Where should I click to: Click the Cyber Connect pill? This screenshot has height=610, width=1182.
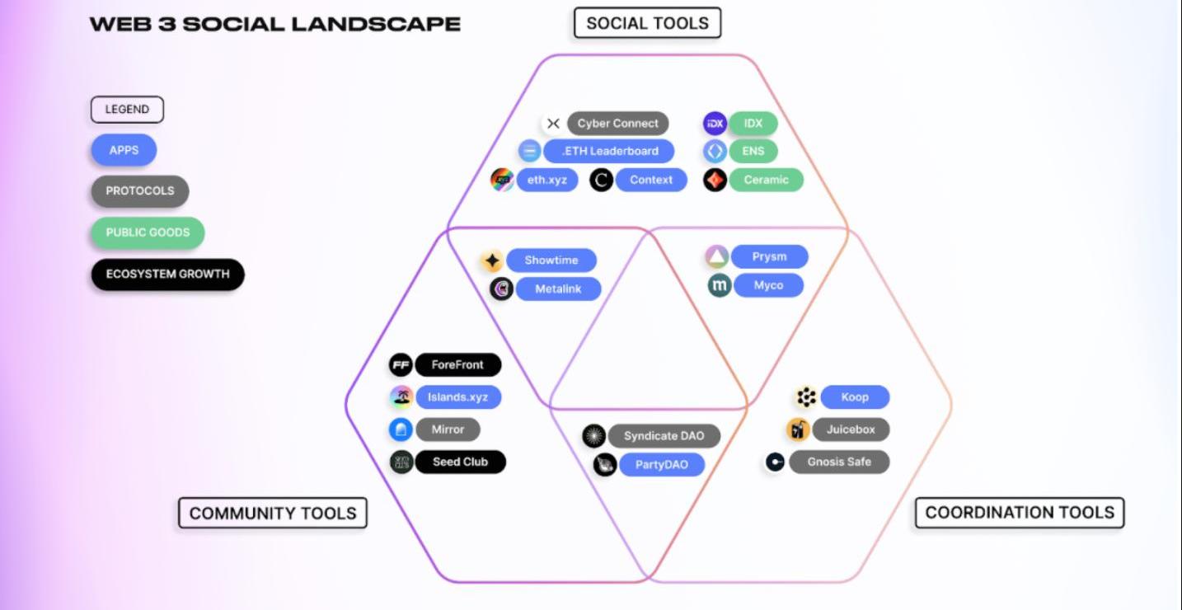coord(617,124)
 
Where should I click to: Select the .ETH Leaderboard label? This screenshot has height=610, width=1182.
coord(609,151)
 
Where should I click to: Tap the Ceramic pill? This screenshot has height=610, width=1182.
coord(766,180)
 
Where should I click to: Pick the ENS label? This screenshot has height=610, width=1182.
coord(753,152)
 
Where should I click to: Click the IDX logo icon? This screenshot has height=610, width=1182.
coord(715,124)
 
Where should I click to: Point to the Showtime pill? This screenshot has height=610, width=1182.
coord(551,260)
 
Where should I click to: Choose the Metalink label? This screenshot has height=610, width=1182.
coord(558,289)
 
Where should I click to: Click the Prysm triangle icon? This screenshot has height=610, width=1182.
coord(717,257)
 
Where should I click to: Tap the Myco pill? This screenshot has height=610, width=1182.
coord(767,285)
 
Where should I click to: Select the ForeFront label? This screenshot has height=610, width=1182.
coord(457,364)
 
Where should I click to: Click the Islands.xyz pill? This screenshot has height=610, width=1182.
coord(457,397)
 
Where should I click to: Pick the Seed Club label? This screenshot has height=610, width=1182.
coord(460,462)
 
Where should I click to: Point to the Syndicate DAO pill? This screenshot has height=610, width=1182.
coord(664,436)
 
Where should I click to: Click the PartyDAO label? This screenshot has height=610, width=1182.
coord(661,465)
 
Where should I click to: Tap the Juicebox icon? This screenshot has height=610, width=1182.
coord(798,429)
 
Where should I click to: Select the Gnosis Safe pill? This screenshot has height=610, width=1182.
coord(838,462)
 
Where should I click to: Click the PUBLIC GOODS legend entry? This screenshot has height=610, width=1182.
coord(148,232)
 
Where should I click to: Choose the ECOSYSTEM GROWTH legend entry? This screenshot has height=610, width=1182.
coord(167,274)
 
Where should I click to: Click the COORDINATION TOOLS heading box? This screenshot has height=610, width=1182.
coord(1019,513)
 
